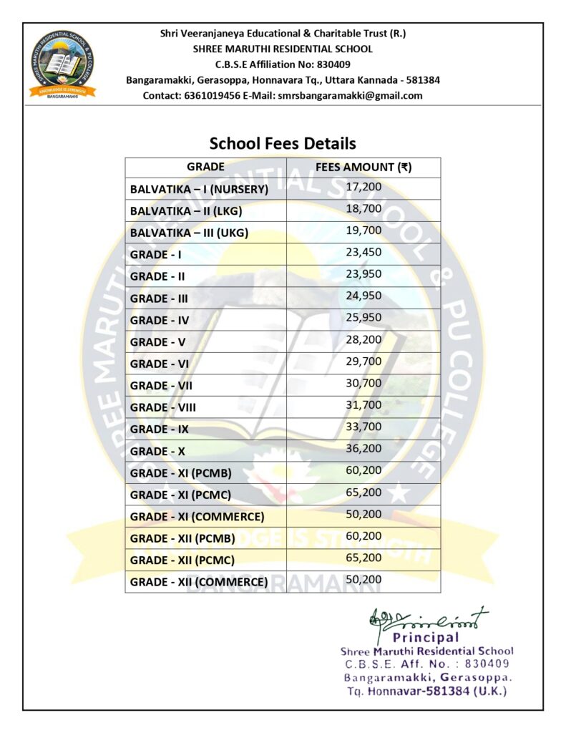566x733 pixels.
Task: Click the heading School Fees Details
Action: pyautogui.click(x=283, y=143)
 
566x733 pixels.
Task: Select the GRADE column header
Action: pyautogui.click(x=205, y=167)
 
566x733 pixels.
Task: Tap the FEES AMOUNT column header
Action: pyautogui.click(x=363, y=167)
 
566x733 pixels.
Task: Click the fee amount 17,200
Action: pyautogui.click(x=363, y=187)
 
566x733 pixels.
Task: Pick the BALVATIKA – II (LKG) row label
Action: pyautogui.click(x=186, y=211)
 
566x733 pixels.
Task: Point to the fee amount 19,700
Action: pyautogui.click(x=363, y=230)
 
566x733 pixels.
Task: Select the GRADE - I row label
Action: pyautogui.click(x=156, y=255)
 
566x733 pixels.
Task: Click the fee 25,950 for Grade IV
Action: pyautogui.click(x=363, y=317)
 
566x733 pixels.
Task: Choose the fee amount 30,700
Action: pyautogui.click(x=363, y=383)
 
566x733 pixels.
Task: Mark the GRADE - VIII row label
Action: pyautogui.click(x=163, y=407)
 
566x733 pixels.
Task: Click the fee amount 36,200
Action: pyautogui.click(x=363, y=448)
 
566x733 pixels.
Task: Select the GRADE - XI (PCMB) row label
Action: pyautogui.click(x=180, y=473)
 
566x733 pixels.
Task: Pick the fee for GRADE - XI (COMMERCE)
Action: pyautogui.click(x=363, y=514)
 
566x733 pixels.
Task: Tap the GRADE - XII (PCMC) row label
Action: pyautogui.click(x=182, y=560)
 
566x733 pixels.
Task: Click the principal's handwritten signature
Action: pyautogui.click(x=428, y=618)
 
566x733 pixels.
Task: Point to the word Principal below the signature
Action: pyautogui.click(x=426, y=637)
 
